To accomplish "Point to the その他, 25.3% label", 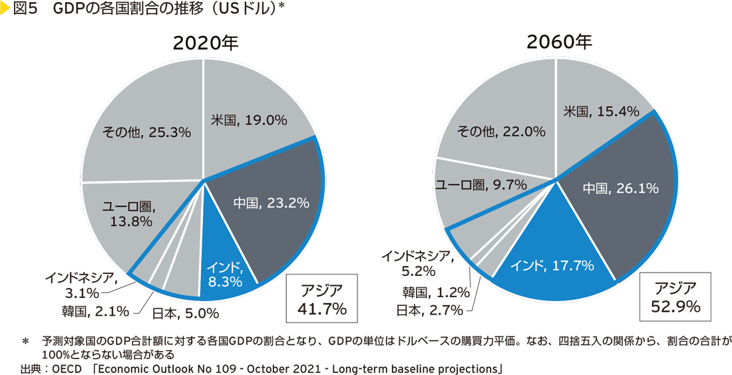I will click(x=146, y=132).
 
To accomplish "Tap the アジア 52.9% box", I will click(x=675, y=297).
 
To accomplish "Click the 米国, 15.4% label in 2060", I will click(x=601, y=112).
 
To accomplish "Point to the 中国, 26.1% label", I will click(x=621, y=189).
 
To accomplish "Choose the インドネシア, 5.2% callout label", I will click(x=417, y=263).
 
